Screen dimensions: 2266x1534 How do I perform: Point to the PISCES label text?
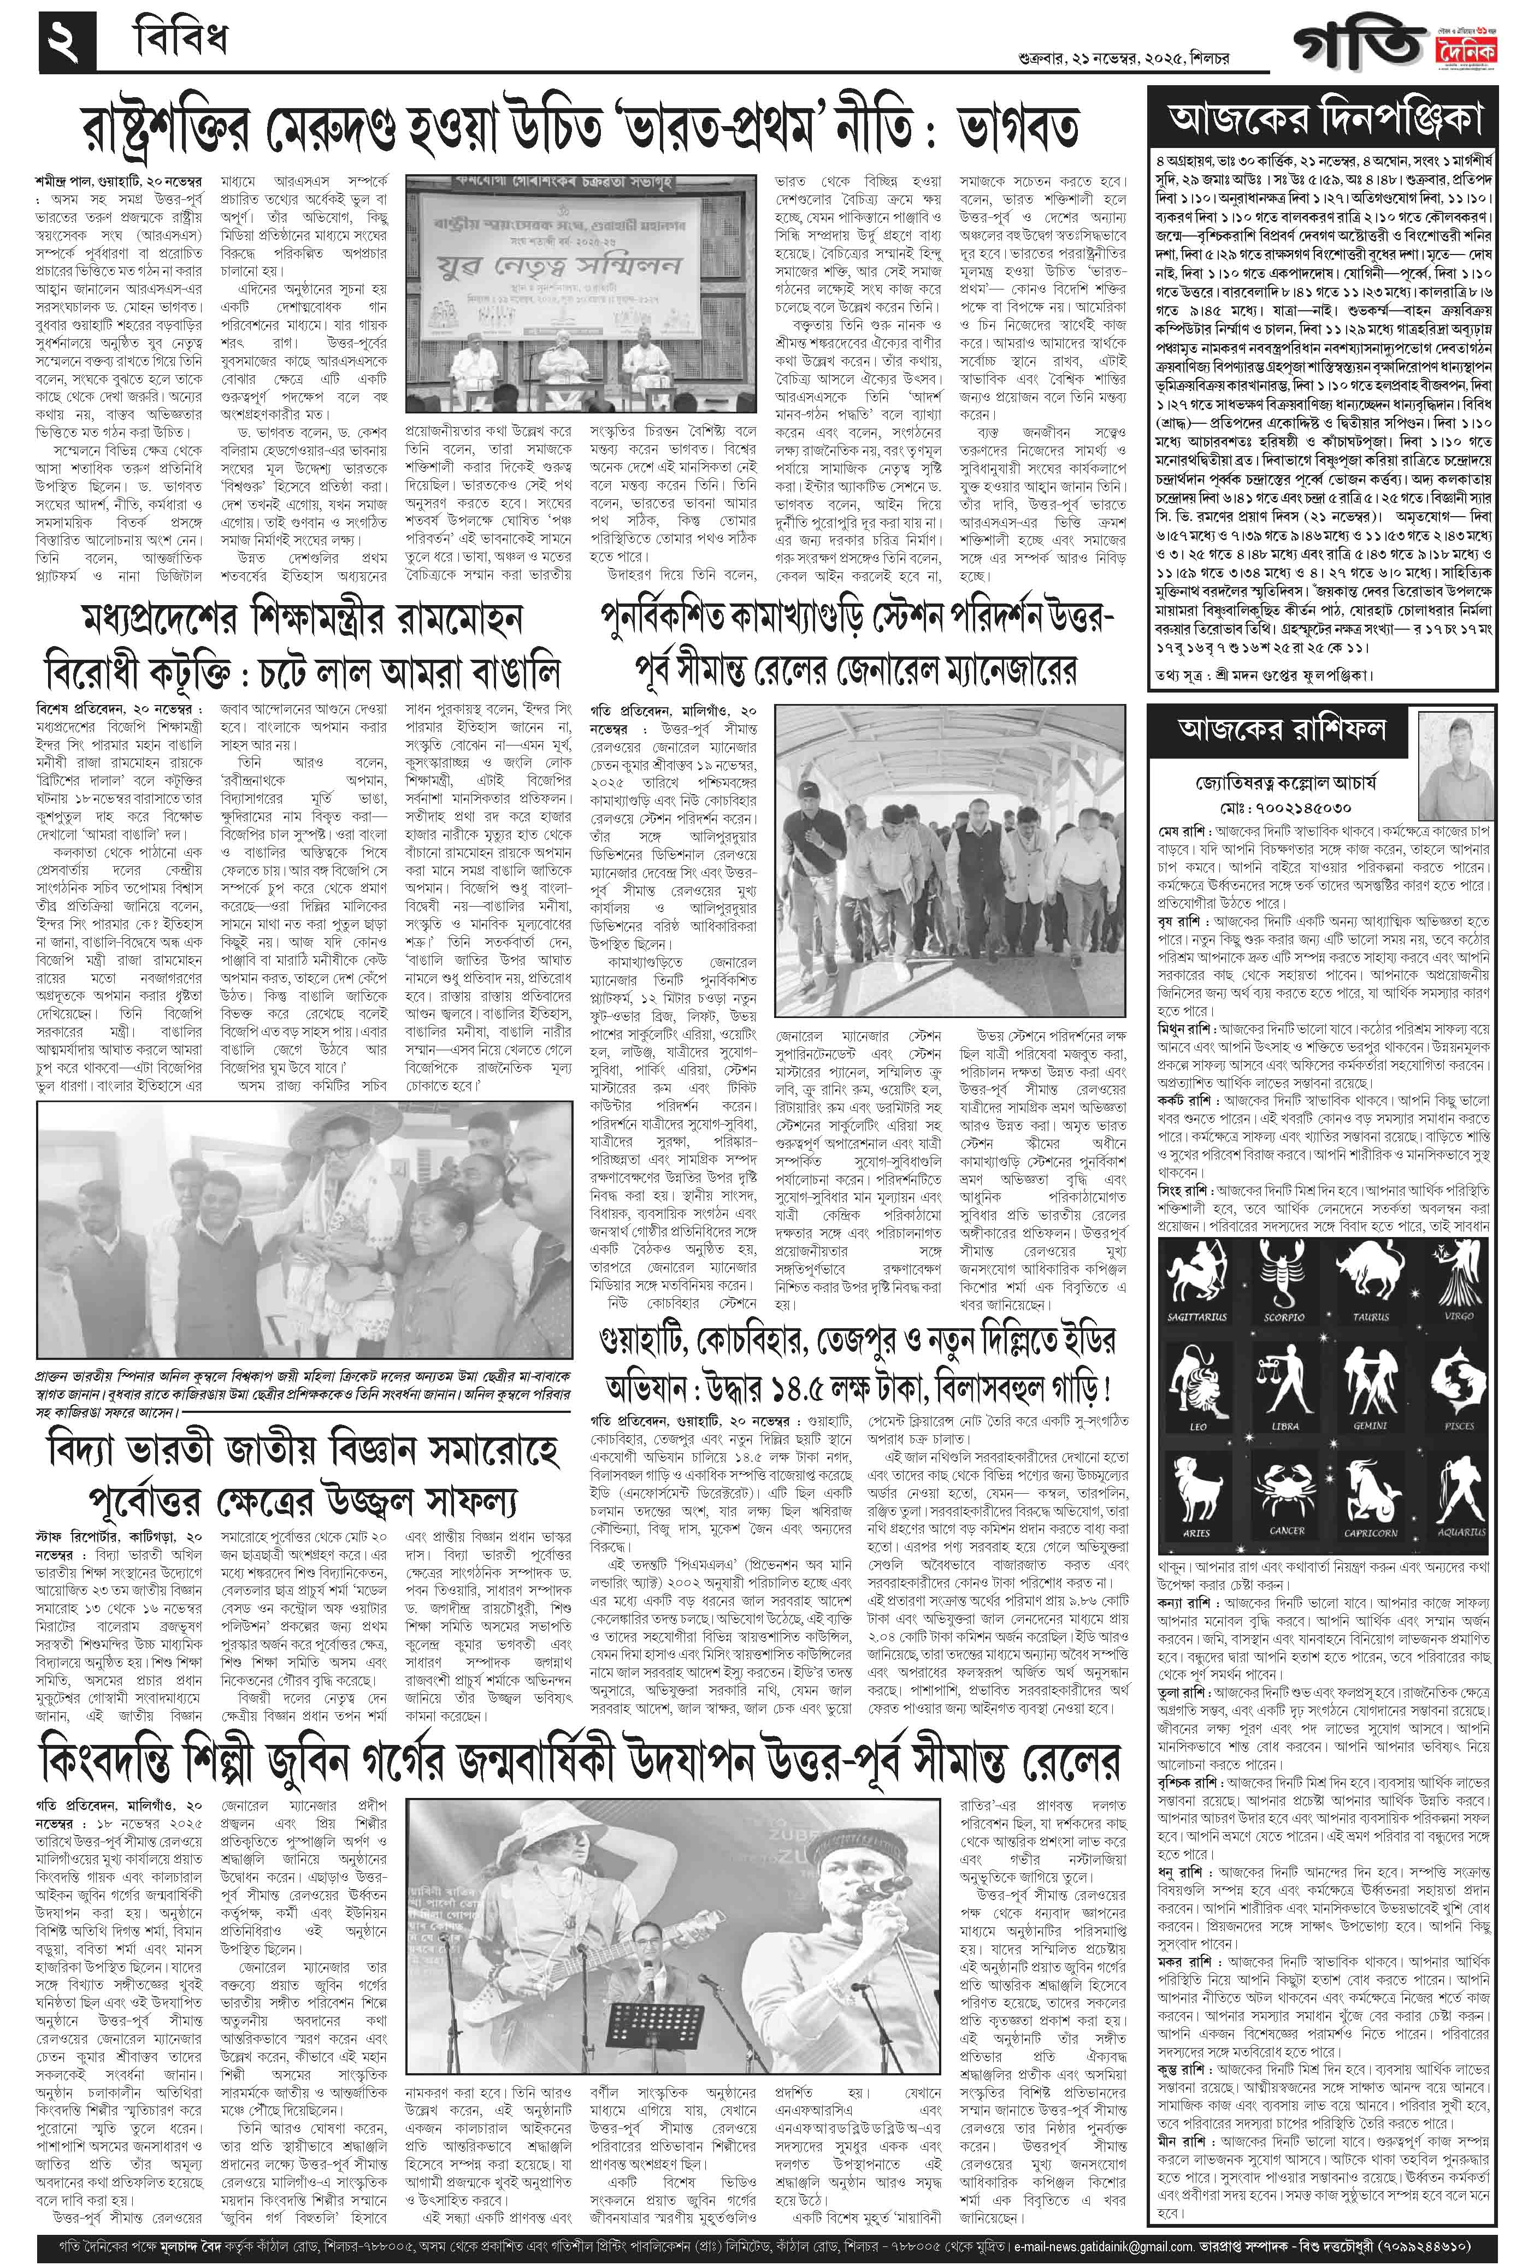tap(1459, 1425)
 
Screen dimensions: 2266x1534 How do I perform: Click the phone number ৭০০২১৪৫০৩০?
tap(1281, 809)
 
